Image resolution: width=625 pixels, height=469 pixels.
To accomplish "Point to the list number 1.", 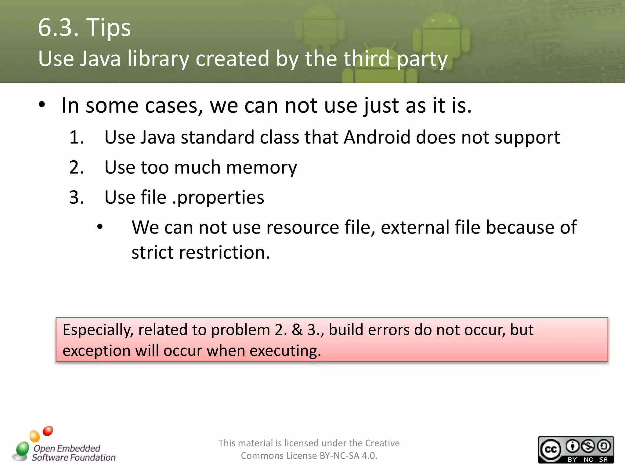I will click(x=76, y=137).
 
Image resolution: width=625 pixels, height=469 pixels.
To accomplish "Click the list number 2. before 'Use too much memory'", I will click(x=76, y=167).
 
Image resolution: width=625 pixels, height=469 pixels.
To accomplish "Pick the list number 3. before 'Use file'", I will click(x=76, y=197).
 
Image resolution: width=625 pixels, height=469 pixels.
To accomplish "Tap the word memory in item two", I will click(x=262, y=168).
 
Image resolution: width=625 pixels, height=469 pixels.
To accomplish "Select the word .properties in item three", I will click(x=218, y=198).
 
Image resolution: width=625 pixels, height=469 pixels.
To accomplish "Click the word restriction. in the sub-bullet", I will click(x=225, y=253).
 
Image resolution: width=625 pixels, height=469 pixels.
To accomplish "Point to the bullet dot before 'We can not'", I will click(x=100, y=227).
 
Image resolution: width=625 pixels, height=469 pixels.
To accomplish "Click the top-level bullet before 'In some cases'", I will click(x=42, y=105).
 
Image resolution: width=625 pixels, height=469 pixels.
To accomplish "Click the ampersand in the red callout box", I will click(x=297, y=330).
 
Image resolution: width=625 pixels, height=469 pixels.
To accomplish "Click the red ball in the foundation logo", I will click(x=48, y=431).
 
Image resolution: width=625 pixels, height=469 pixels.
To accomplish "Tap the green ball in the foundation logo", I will click(x=22, y=449).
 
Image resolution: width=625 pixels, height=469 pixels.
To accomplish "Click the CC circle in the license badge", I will click(x=551, y=449).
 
